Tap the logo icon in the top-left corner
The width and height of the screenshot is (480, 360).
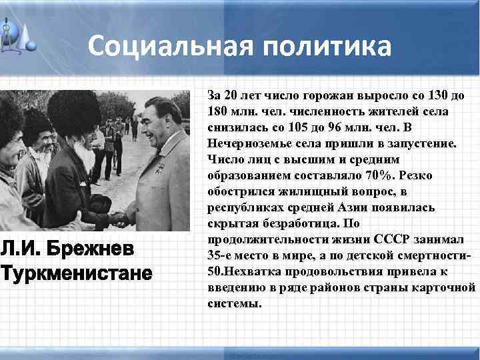(x=19, y=33)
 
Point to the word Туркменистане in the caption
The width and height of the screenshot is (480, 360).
(x=76, y=274)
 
